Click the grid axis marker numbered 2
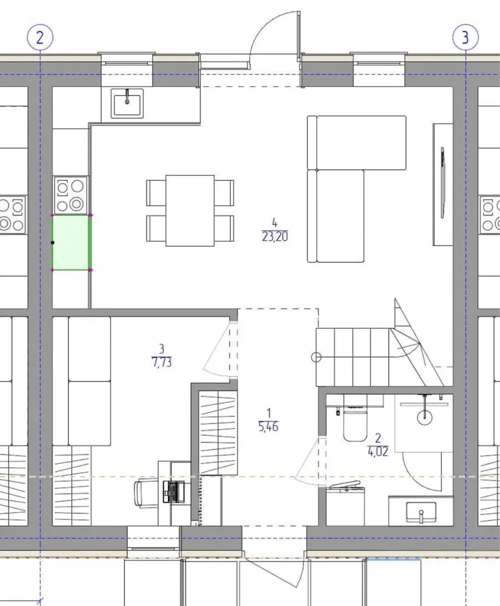pos(40,37)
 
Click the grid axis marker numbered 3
pos(465,37)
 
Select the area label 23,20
pos(274,237)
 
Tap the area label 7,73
pos(162,362)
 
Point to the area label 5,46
pos(268,427)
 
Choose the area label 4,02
pos(377,452)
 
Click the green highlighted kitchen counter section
pos(71,242)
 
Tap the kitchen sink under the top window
pos(127,103)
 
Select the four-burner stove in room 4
pos(71,195)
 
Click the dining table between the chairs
pos(190,211)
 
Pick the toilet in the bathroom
pos(354,424)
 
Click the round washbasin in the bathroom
pos(424,417)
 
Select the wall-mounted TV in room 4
pos(442,183)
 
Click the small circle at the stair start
pos(316,357)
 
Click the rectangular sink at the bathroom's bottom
pos(421,512)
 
